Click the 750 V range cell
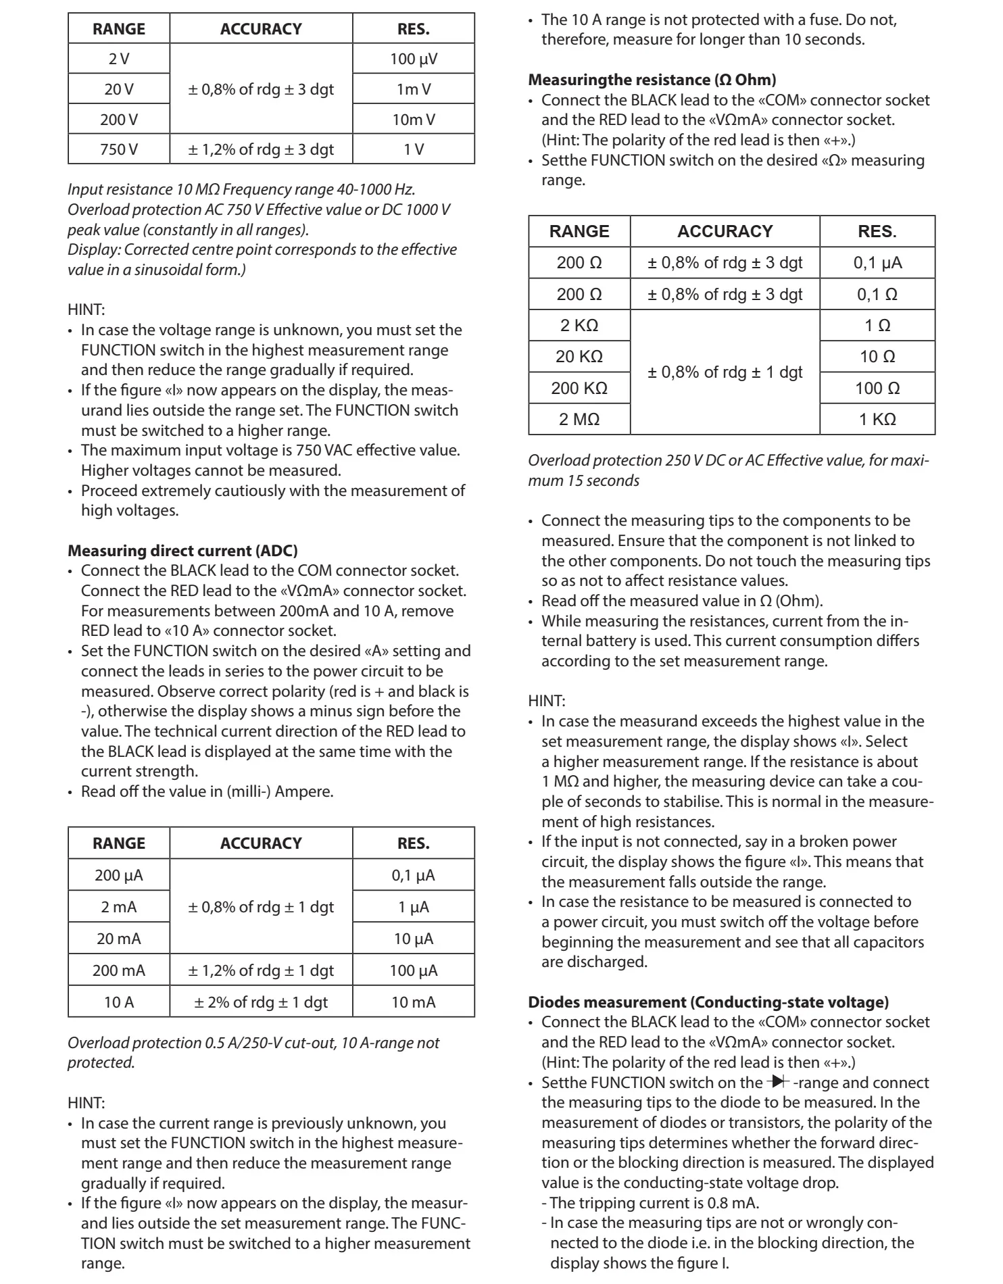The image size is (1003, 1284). pyautogui.click(x=119, y=149)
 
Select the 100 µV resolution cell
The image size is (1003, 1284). pyautogui.click(x=414, y=59)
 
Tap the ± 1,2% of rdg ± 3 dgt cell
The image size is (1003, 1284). pyautogui.click(x=261, y=149)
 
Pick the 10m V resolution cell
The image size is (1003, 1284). pyautogui.click(x=414, y=120)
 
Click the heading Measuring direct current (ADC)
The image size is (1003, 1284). pyautogui.click(x=182, y=551)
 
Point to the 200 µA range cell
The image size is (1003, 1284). pyautogui.click(x=119, y=875)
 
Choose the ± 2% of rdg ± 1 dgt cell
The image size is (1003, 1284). pyautogui.click(x=261, y=1002)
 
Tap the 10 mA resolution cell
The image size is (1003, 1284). pyautogui.click(x=414, y=1002)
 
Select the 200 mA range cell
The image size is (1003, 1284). pyautogui.click(x=119, y=970)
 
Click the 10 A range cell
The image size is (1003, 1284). pyautogui.click(x=119, y=1002)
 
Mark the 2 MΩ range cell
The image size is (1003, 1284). pyautogui.click(x=579, y=419)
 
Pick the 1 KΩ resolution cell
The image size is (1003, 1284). pyautogui.click(x=877, y=419)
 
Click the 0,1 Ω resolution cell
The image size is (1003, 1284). pyautogui.click(x=877, y=294)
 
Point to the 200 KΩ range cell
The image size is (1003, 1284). pyautogui.click(x=579, y=388)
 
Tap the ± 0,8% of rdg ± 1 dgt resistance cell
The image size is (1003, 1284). pyautogui.click(x=725, y=372)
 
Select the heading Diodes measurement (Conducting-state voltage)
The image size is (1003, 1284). pyautogui.click(x=708, y=1002)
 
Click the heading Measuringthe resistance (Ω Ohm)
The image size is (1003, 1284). pyautogui.click(x=652, y=80)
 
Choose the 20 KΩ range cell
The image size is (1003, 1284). pyautogui.click(x=579, y=356)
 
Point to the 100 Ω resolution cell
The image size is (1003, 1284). pyautogui.click(x=877, y=388)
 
